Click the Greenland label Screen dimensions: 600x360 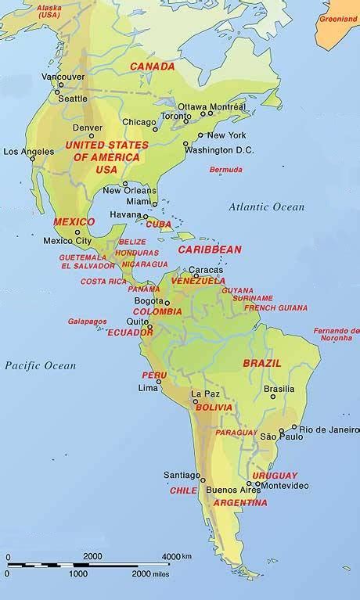point(337,16)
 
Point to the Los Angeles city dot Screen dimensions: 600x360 point(32,160)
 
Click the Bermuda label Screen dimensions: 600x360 point(225,169)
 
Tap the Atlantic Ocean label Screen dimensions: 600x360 point(266,207)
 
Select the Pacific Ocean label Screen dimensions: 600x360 point(40,365)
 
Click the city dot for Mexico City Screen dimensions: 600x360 point(77,232)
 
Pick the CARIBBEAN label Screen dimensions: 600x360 point(210,249)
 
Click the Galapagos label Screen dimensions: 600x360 point(81,320)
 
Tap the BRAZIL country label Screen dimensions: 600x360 point(262,363)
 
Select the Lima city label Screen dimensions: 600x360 point(148,388)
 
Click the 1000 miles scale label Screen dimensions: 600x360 point(78,573)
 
